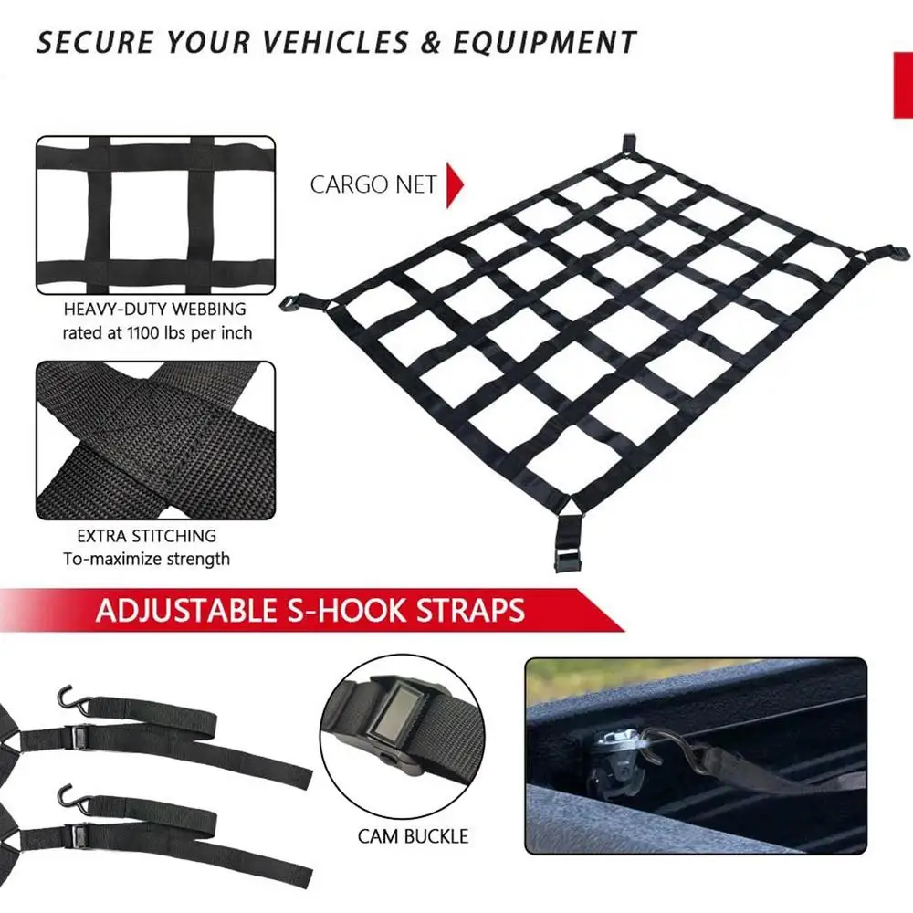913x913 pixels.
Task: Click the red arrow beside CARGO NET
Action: pyautogui.click(x=456, y=184)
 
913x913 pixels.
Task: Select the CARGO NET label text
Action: pyautogui.click(x=373, y=184)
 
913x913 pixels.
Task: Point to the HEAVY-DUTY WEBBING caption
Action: pyautogui.click(x=155, y=310)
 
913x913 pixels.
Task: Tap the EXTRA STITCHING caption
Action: pyautogui.click(x=147, y=536)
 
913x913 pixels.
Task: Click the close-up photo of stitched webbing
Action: pyautogui.click(x=155, y=440)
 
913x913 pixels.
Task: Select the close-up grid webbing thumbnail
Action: pyautogui.click(x=155, y=215)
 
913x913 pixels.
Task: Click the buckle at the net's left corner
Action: pyautogui.click(x=296, y=302)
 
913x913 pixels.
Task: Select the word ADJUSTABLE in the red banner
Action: pyautogui.click(x=183, y=610)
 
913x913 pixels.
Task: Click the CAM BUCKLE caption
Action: pyautogui.click(x=413, y=836)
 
